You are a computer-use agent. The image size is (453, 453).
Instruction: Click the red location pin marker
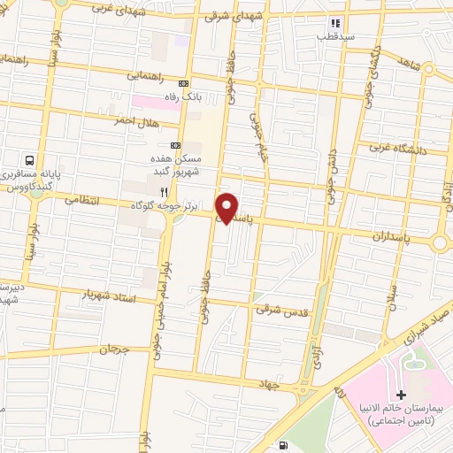pos(227,207)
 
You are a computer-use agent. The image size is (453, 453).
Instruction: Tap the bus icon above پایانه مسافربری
pos(31,160)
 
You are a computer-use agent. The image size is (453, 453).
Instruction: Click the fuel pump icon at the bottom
pos(282,445)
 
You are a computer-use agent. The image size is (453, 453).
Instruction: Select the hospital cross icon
pos(400,394)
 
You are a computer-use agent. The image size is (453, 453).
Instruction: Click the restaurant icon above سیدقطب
pos(334,23)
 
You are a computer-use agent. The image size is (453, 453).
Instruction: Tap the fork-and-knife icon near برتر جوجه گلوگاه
pos(164,190)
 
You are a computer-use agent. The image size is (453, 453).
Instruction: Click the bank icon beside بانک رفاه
pos(184,83)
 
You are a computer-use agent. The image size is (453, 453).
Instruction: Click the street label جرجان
pos(114,349)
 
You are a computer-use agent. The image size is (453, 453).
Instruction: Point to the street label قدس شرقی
pos(278,310)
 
